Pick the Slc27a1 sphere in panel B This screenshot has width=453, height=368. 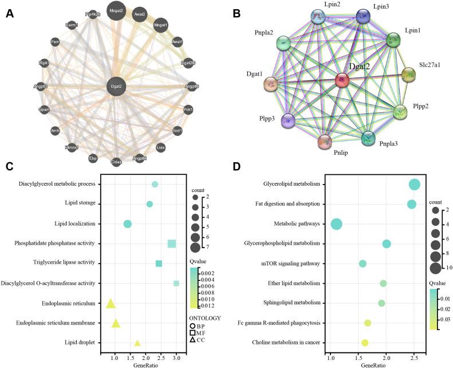408,75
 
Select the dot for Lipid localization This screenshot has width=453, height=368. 128,224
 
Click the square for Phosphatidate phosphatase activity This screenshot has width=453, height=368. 171,244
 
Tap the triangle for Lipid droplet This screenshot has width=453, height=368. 137,343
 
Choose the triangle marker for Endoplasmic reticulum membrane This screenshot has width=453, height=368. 116,324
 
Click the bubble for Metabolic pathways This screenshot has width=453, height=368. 337,224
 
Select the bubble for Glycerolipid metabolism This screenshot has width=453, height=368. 415,184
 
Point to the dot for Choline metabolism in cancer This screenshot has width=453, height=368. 365,343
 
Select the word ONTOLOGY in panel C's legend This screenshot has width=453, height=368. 205,318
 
